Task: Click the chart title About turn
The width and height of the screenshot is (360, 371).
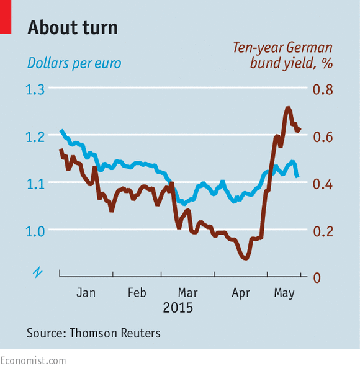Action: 73,28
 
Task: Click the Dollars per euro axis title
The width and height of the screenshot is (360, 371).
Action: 74,63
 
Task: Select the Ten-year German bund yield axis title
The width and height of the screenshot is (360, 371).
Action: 283,55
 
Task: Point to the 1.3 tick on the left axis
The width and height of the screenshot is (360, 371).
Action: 35,90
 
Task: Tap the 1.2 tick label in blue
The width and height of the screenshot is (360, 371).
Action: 35,137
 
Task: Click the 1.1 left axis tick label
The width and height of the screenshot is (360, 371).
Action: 35,184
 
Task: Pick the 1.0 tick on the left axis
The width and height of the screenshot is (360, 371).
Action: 35,231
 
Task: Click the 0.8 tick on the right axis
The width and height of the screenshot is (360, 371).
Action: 323,90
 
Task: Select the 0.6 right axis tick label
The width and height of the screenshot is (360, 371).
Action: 323,137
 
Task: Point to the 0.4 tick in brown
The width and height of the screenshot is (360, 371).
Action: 323,184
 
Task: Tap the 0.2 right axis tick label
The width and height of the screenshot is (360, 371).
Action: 323,231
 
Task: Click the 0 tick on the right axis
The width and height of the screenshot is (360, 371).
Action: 317,278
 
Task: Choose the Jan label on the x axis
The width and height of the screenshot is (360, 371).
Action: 86,293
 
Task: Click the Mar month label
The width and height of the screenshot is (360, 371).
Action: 187,293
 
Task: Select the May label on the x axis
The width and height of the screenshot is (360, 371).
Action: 284,293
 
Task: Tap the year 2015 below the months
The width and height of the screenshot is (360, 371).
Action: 178,308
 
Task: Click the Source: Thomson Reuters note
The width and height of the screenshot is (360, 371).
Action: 94,333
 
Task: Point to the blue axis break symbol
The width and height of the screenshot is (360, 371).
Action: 38,272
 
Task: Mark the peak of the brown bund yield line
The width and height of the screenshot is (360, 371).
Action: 288,108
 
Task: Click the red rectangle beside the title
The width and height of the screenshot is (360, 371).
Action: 6,17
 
